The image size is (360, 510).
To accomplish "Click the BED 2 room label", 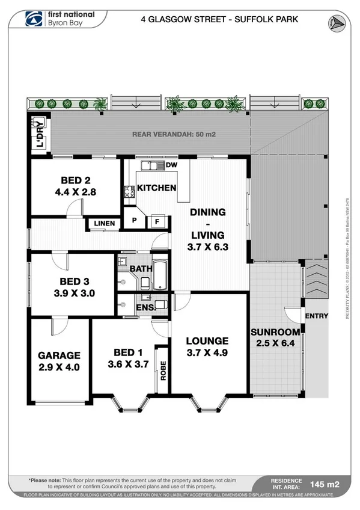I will tap(75, 180).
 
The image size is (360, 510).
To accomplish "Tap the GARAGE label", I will tap(59, 355).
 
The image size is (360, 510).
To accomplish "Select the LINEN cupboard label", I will tap(104, 224).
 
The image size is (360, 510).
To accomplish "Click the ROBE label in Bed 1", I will tap(162, 369).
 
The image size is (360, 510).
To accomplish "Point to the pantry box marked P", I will tap(135, 221).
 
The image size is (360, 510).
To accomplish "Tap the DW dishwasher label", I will tap(171, 165).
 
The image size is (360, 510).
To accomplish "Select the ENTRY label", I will tap(317, 316).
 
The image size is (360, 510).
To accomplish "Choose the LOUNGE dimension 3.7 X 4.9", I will tap(208, 352).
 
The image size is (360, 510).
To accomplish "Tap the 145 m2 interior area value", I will tap(325, 483).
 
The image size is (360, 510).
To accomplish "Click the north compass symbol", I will tap(336, 22).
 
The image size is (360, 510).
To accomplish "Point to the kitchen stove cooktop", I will tap(129, 192).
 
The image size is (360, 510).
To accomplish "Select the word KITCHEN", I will tap(156, 188).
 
